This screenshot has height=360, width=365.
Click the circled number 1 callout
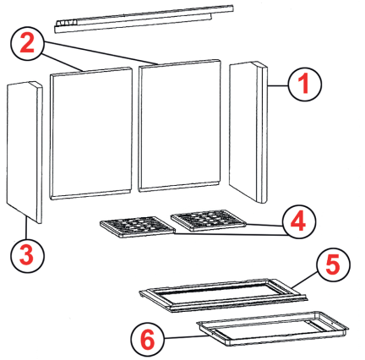pyautogui.click(x=304, y=84)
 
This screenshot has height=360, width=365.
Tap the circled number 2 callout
pyautogui.click(x=27, y=43)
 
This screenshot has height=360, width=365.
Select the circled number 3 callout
pyautogui.click(x=27, y=256)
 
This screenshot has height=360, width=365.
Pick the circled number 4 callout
pyautogui.click(x=298, y=221)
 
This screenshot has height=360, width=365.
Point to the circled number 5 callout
pyautogui.click(x=334, y=265)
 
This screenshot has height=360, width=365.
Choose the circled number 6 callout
pyautogui.click(x=148, y=340)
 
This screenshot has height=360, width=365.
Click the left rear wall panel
pyautogui.click(x=91, y=134)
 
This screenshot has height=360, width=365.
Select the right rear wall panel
pyautogui.click(x=180, y=126)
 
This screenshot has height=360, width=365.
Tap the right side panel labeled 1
pyautogui.click(x=248, y=132)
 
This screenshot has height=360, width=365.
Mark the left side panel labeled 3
pyautogui.click(x=25, y=152)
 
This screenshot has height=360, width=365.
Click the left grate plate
pyautogui.click(x=138, y=226)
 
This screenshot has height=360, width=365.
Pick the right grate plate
pyautogui.click(x=209, y=221)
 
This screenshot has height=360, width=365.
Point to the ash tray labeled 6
pyautogui.click(x=273, y=329)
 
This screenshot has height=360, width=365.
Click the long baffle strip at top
pyautogui.click(x=144, y=19)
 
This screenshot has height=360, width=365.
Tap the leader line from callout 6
pyautogui.click(x=186, y=337)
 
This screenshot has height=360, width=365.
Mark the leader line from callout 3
pyautogui.click(x=26, y=228)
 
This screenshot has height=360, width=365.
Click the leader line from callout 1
pyautogui.click(x=278, y=85)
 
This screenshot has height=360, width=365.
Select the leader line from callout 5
pyautogui.click(x=305, y=280)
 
